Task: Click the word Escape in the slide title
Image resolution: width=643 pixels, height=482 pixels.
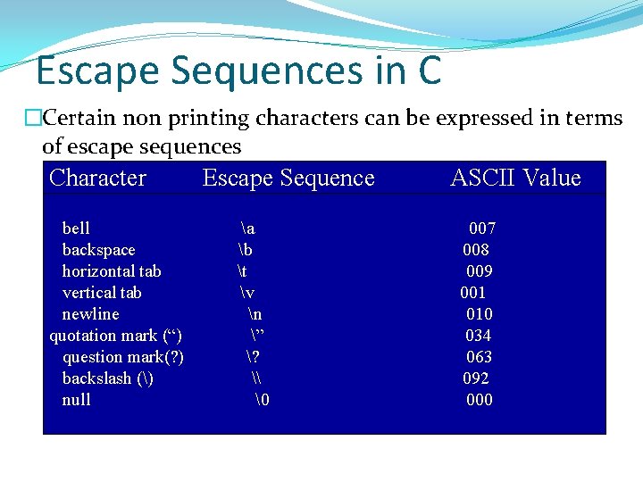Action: (x=99, y=71)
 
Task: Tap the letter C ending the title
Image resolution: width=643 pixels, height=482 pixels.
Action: (x=429, y=71)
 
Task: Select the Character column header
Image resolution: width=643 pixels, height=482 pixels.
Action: (x=97, y=178)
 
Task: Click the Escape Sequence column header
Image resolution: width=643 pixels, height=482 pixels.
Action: (x=288, y=178)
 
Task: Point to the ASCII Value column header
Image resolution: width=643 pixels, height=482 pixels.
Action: (x=515, y=178)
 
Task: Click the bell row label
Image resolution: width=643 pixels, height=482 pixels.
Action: (x=76, y=229)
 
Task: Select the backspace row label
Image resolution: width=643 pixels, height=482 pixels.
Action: (x=98, y=250)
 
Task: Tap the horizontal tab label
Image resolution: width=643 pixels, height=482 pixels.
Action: (x=112, y=271)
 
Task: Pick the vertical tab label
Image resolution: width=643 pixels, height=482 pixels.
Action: (x=102, y=293)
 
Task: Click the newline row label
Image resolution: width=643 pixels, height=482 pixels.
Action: (x=90, y=314)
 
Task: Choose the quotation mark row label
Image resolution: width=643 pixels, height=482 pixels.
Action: (x=116, y=336)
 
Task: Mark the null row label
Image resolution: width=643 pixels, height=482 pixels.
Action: (x=76, y=400)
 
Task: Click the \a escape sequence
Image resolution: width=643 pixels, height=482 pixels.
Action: (x=247, y=229)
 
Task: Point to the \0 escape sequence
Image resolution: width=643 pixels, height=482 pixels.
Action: (x=262, y=400)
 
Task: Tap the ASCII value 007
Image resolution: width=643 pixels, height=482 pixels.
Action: (x=482, y=229)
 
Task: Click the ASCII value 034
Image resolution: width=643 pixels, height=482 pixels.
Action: (x=478, y=336)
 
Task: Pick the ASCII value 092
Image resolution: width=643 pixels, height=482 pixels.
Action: (x=476, y=378)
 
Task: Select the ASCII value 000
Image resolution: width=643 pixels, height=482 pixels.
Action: (x=480, y=400)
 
